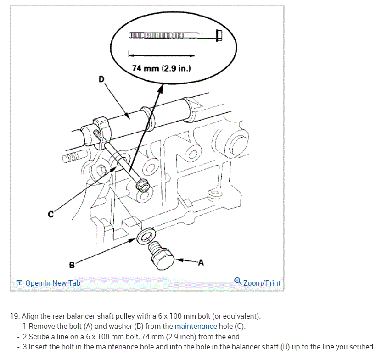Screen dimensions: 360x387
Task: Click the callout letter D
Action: (x=101, y=79)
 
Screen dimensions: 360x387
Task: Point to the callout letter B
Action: (x=72, y=265)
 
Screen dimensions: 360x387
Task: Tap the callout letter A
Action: (x=201, y=262)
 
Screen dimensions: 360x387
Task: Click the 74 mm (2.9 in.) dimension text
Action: (x=161, y=68)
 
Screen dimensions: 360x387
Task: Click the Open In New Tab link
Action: (x=53, y=283)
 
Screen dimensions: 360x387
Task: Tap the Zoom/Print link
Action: (x=262, y=283)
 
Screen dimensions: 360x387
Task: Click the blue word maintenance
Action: (x=196, y=327)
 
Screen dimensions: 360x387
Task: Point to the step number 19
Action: (x=15, y=316)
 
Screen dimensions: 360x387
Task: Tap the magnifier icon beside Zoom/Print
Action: (x=238, y=281)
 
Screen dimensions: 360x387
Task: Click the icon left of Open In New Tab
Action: (x=19, y=283)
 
